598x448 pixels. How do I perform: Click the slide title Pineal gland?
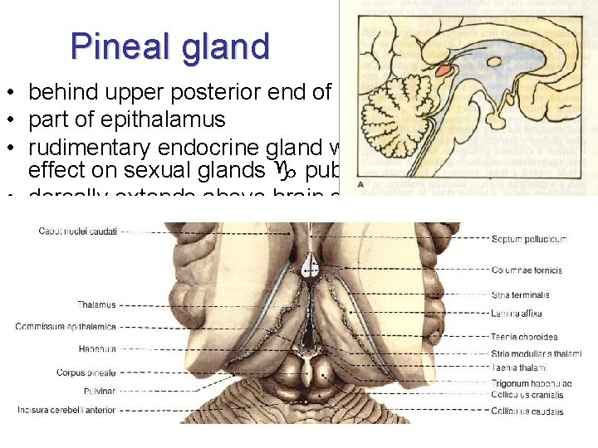(170, 46)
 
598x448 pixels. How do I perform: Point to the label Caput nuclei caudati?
(78, 231)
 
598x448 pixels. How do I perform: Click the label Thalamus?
(97, 304)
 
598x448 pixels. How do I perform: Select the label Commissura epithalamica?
(66, 327)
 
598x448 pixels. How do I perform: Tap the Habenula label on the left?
(97, 349)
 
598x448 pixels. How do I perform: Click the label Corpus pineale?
(87, 373)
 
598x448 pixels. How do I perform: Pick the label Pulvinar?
(100, 390)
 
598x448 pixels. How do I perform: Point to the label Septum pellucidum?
(529, 240)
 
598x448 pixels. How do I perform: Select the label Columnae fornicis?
(527, 270)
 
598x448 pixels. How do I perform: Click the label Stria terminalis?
(520, 295)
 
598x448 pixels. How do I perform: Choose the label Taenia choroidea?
(524, 338)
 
